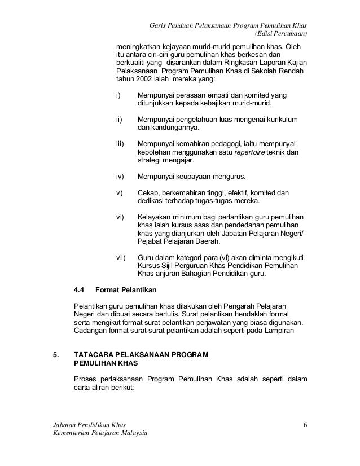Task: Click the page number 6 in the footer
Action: click(305, 424)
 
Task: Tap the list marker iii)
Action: click(120, 143)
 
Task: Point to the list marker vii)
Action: click(121, 257)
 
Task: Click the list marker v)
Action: click(119, 192)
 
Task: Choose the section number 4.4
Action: click(80, 291)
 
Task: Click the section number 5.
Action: click(55, 356)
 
